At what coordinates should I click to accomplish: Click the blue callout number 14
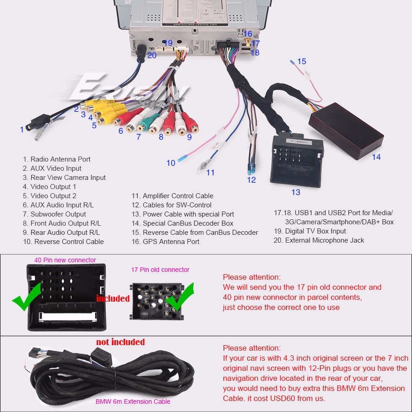(376, 157)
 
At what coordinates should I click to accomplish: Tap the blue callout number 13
(296, 192)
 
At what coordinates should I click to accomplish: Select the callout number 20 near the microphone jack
(152, 55)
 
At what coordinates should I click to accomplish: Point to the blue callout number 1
(22, 130)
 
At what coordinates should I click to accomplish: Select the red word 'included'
(113, 298)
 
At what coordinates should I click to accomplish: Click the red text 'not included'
(120, 342)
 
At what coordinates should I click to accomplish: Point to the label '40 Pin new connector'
(65, 260)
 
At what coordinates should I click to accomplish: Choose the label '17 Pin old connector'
(160, 270)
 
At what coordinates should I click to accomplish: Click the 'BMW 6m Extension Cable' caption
(133, 401)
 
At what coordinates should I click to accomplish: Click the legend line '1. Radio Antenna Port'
(57, 159)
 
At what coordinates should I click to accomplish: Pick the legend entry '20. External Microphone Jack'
(319, 240)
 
